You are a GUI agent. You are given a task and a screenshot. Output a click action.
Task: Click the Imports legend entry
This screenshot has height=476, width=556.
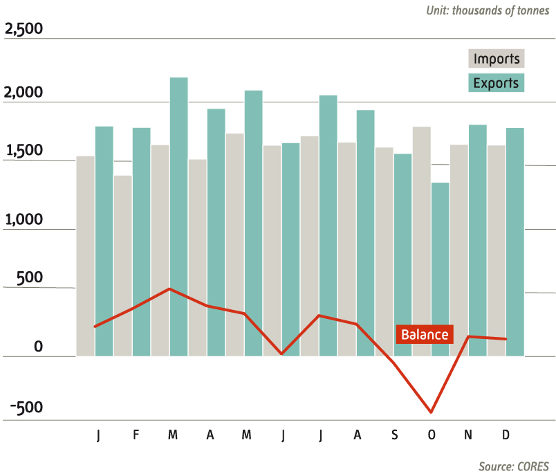point(496,59)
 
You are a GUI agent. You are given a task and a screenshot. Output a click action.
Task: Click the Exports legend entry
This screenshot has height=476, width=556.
point(496,83)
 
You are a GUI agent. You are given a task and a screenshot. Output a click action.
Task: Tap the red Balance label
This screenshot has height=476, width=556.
point(425,335)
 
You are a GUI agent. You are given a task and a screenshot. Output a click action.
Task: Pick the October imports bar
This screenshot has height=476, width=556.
point(422,241)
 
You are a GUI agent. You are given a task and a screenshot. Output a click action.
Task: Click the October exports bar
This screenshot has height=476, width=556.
point(441,269)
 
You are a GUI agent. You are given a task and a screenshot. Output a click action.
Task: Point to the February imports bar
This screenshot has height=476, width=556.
point(123,266)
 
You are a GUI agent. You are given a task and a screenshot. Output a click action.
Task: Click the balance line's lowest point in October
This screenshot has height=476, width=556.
point(432,412)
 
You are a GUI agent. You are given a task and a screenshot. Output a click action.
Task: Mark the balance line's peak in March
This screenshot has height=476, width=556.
point(170,289)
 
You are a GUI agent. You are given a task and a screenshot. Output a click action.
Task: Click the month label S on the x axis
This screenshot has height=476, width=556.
point(394,434)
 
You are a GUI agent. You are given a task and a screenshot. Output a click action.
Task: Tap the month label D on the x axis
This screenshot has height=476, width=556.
point(506,434)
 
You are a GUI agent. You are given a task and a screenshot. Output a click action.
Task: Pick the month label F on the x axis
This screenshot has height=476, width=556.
point(136,434)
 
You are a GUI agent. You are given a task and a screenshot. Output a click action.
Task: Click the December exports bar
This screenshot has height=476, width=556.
point(515,242)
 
